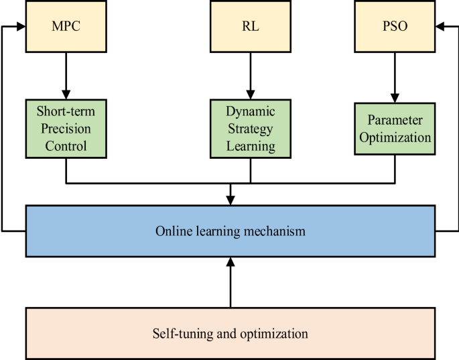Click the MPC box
point(66,27)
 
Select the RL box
point(251,27)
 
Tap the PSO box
point(394,27)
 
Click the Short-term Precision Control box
point(66,127)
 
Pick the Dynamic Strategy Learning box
point(251,127)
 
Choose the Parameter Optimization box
point(394,128)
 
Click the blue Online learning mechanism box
point(231,231)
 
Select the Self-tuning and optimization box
point(231,333)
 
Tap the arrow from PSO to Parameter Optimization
point(394,76)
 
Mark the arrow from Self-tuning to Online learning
point(231,282)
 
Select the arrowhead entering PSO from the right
point(440,27)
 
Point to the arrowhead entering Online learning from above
point(231,200)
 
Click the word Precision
point(66,127)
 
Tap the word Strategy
point(251,127)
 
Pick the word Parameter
point(394,120)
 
